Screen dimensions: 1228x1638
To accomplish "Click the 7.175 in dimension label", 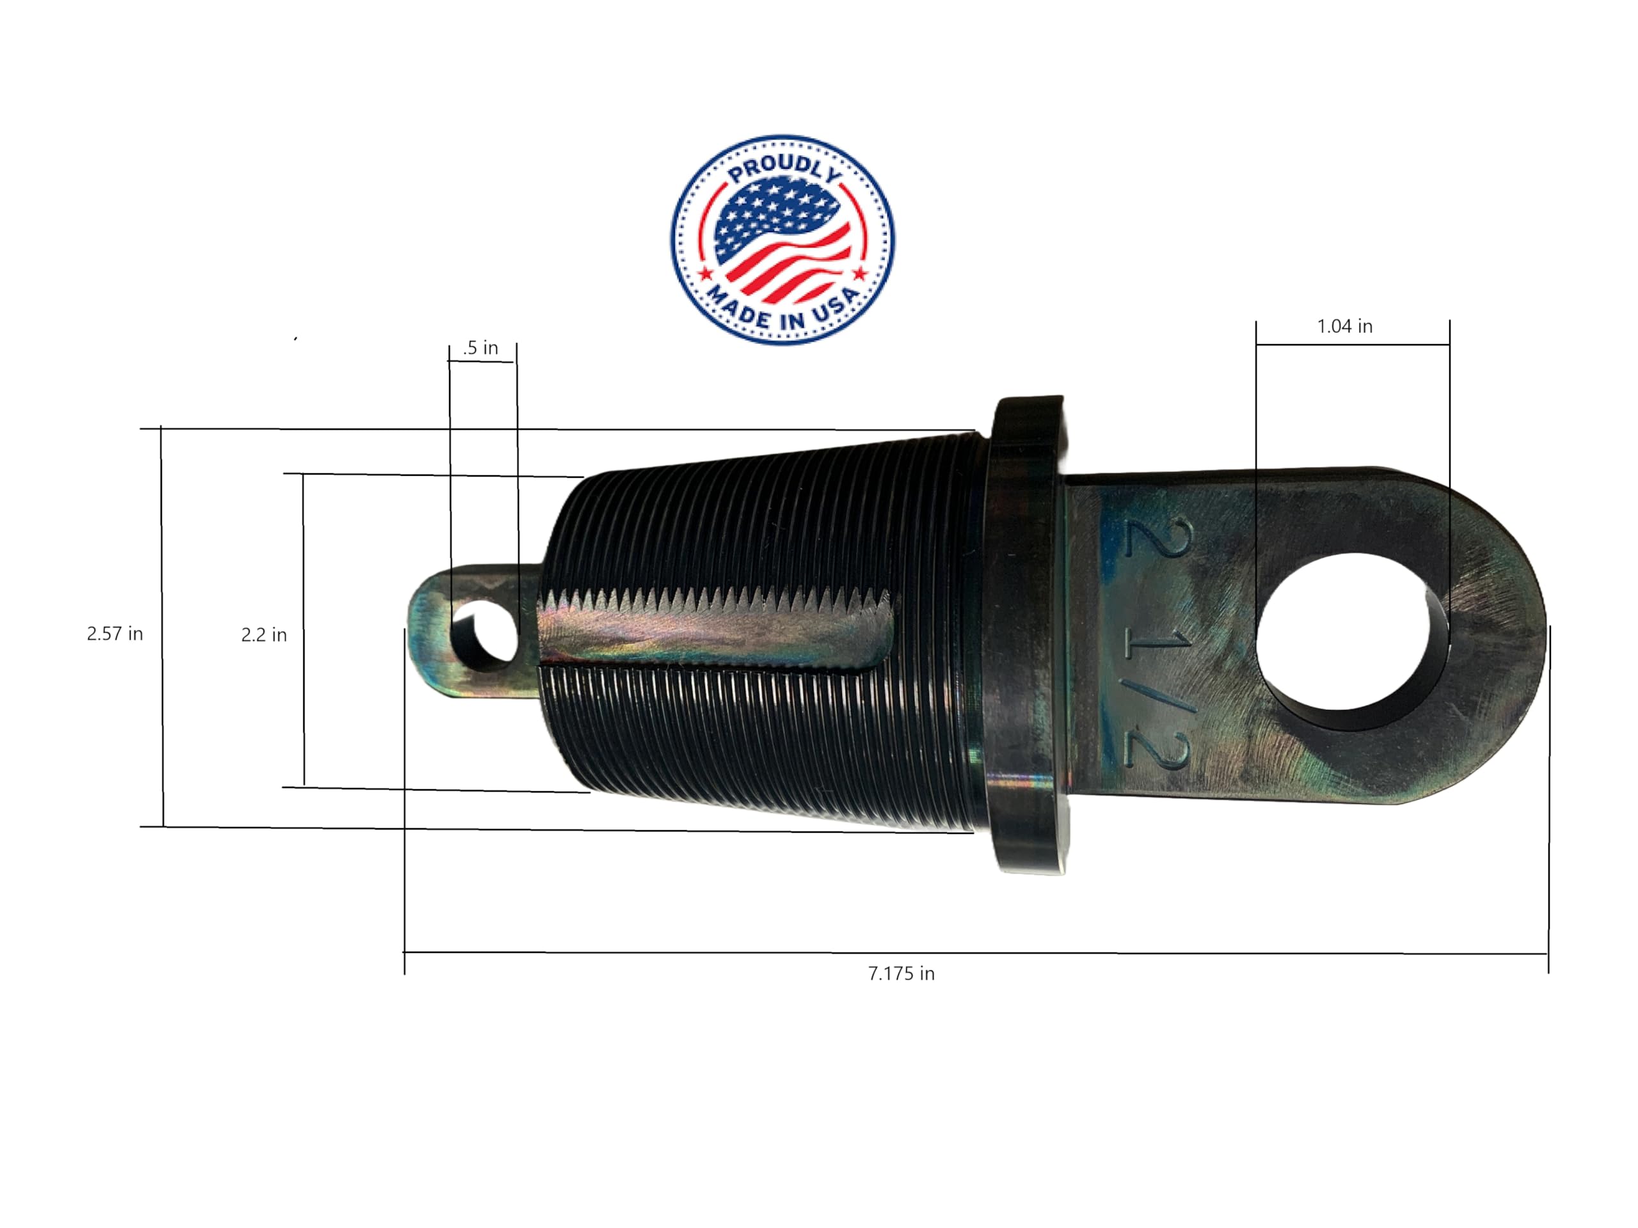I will click(x=901, y=973).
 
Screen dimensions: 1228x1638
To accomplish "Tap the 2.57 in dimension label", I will click(x=115, y=634).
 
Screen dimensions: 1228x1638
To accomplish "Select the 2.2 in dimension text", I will click(x=264, y=635).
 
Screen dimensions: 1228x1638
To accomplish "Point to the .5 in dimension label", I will click(x=481, y=348).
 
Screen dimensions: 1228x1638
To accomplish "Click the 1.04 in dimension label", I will click(x=1344, y=326).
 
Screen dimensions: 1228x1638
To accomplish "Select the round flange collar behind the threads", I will click(x=1026, y=636).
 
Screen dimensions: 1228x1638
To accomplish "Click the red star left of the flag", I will click(x=706, y=274).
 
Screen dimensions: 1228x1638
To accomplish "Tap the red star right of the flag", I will click(x=860, y=274).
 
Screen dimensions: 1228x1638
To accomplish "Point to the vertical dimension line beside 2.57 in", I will click(x=162, y=629).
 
